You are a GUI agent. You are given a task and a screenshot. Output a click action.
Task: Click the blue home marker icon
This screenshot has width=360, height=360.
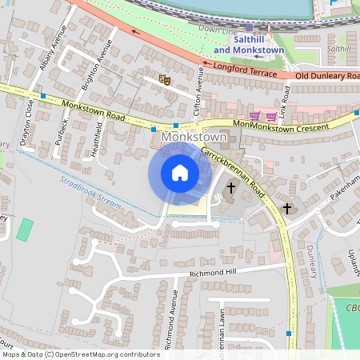click(180, 173)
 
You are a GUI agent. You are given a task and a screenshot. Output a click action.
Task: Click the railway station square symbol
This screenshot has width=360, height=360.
click(249, 27)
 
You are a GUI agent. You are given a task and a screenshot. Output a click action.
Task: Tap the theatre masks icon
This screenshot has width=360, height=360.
click(165, 79)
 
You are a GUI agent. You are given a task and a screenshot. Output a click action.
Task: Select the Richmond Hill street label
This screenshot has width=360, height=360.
click(214, 273)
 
